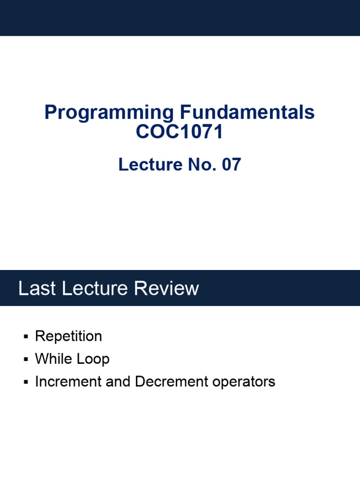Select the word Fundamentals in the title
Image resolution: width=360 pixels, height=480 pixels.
247,113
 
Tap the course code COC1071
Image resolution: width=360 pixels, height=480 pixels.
180,132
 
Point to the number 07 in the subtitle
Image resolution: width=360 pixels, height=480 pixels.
231,165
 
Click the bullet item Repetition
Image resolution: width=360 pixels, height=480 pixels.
68,336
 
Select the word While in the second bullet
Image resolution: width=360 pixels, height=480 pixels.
53,359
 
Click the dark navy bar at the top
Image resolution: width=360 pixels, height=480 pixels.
180,18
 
